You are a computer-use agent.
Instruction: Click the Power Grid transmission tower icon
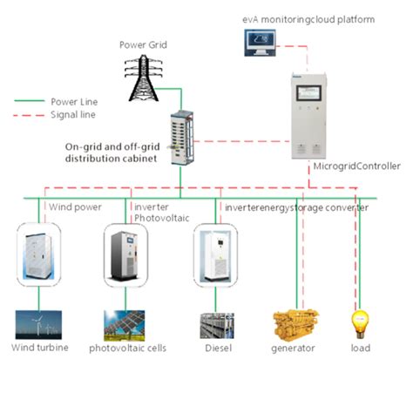(x=143, y=77)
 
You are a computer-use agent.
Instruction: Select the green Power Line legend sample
(x=29, y=100)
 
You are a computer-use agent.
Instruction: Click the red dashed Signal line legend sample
(x=29, y=114)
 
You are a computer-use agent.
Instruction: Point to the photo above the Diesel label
(x=217, y=324)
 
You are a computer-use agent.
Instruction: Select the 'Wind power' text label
(x=74, y=207)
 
